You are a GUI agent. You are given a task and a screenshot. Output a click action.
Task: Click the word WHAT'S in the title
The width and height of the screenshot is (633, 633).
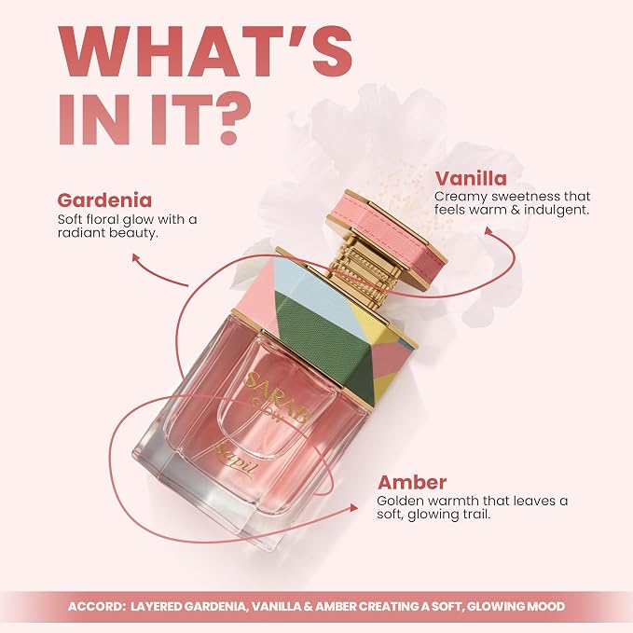206,51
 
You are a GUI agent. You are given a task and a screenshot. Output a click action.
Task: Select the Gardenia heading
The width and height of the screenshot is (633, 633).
104,200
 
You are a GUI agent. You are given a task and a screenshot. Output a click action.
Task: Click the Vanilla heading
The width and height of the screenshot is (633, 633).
470,178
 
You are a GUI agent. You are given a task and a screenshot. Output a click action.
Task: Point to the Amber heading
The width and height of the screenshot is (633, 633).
412,482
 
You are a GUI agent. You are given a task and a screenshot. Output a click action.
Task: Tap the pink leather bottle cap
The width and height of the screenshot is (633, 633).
386,238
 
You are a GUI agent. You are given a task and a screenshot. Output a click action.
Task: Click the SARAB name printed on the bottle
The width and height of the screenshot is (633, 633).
276,398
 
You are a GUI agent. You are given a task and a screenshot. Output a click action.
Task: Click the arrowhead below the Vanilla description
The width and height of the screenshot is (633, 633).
489,230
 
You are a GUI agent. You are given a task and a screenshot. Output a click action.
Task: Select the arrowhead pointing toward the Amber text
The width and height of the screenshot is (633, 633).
353,507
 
